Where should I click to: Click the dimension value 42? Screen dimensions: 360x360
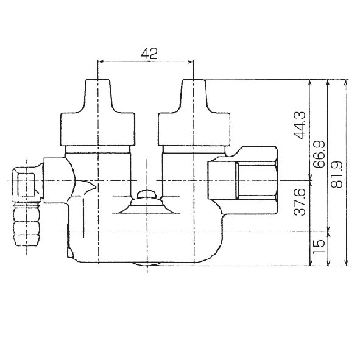(x=149, y=54)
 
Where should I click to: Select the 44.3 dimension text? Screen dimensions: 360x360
(x=300, y=125)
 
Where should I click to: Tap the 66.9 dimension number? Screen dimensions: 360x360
(x=319, y=154)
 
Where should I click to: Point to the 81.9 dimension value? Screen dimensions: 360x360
(x=337, y=174)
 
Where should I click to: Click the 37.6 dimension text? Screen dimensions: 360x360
(x=300, y=202)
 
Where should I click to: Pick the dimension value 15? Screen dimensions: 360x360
(x=319, y=246)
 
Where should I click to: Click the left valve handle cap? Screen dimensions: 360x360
(x=97, y=113)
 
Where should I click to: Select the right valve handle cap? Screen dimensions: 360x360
(x=194, y=113)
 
